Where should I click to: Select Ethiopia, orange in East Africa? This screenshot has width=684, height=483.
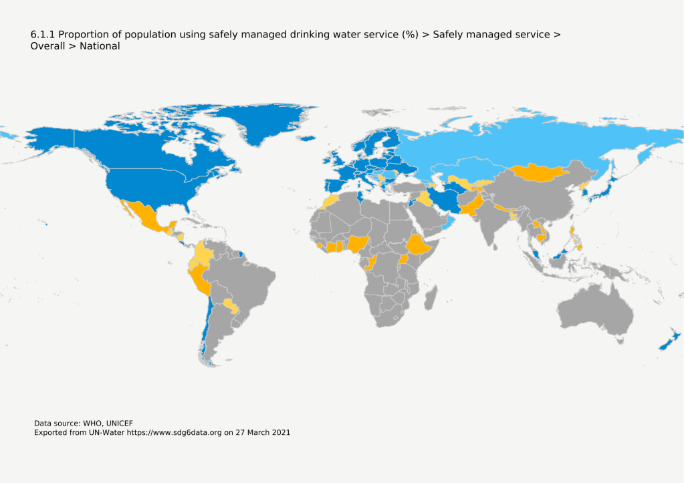[418, 246]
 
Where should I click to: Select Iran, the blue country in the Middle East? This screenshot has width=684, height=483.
[444, 199]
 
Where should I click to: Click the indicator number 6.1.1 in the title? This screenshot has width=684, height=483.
[42, 34]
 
